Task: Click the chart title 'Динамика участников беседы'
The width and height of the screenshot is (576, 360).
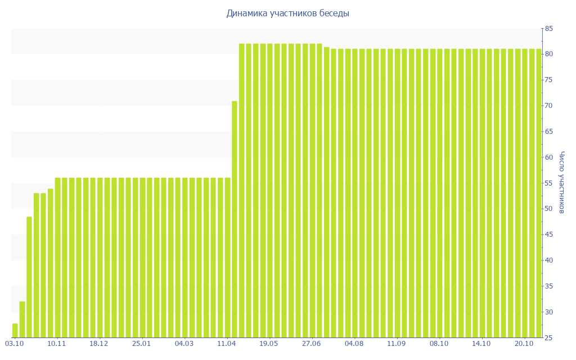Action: (287, 13)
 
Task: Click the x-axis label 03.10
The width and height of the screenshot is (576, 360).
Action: (14, 344)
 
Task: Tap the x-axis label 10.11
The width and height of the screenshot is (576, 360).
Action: (57, 344)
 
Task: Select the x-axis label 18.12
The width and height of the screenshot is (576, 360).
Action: (99, 344)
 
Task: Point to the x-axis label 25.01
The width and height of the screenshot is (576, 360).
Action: (142, 344)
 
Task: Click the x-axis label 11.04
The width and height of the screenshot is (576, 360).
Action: (227, 344)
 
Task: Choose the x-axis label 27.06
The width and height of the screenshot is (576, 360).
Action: (312, 344)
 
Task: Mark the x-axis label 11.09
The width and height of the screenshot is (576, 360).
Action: (397, 344)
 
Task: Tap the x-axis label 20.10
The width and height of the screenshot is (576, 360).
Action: (524, 344)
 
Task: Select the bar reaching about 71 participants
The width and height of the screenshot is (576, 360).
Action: (235, 219)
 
